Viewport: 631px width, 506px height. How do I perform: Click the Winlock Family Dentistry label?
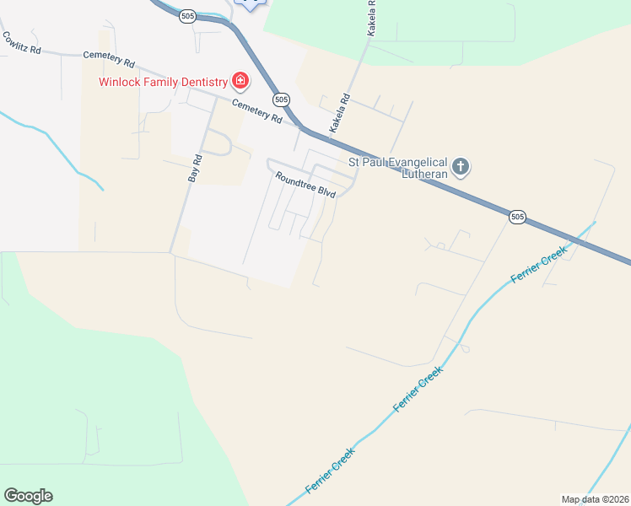tap(163, 82)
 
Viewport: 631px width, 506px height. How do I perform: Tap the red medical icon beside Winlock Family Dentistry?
tap(240, 81)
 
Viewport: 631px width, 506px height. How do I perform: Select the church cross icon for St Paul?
tap(461, 165)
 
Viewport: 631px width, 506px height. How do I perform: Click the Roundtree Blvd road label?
tap(305, 185)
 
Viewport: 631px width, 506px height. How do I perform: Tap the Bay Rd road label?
tap(196, 169)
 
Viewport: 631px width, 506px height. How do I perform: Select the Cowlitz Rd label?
tap(22, 43)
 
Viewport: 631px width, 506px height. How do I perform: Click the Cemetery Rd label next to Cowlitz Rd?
tap(109, 59)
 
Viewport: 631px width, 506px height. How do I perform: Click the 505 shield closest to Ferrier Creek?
tap(518, 217)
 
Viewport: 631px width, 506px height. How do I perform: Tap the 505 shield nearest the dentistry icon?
tap(282, 99)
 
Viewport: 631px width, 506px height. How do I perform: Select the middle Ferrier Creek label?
tap(418, 390)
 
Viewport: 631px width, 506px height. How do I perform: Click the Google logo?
tap(28, 496)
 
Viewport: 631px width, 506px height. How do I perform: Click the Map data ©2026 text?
tap(595, 499)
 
